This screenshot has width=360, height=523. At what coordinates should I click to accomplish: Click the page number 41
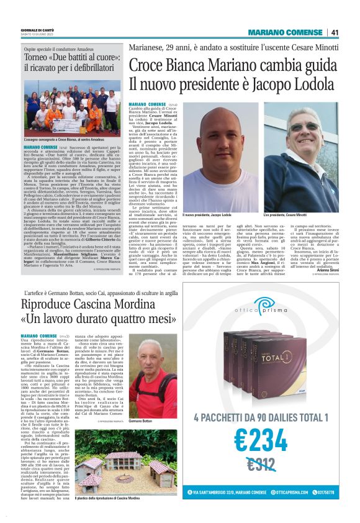335,32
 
